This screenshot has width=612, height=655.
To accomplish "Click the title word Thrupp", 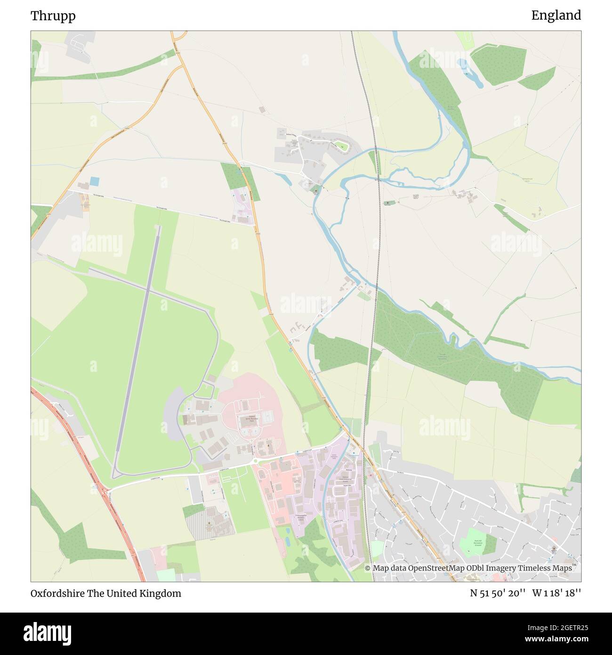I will [x=53, y=16].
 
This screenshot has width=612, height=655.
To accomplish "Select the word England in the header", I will [x=556, y=16].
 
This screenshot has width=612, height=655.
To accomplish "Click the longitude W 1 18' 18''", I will [x=556, y=593].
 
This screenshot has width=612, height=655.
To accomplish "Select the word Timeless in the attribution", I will [x=535, y=568].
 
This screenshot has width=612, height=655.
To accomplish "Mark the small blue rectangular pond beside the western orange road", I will [x=95, y=181].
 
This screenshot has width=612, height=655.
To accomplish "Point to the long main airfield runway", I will [x=137, y=349].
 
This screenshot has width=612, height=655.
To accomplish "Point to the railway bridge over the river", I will [x=378, y=179].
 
